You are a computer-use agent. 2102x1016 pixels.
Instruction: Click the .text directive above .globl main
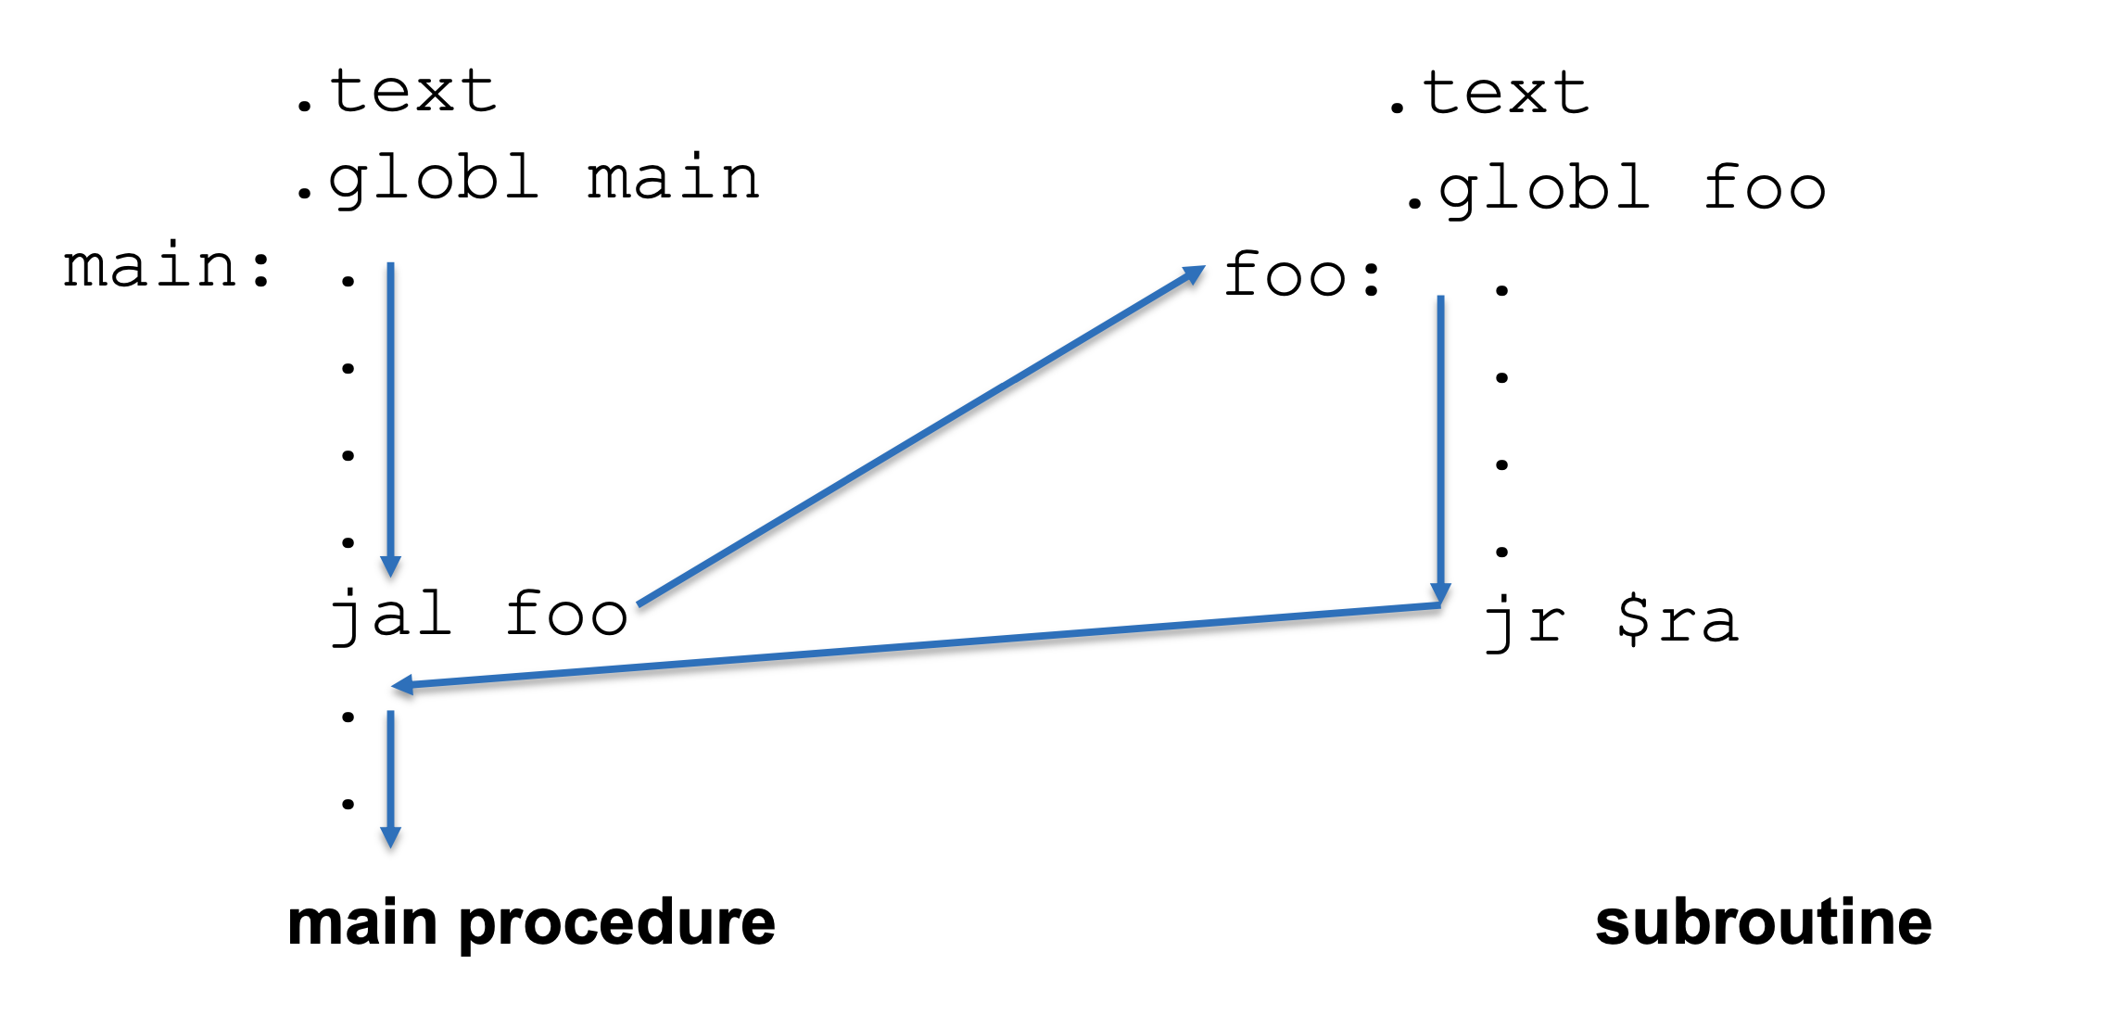(x=397, y=93)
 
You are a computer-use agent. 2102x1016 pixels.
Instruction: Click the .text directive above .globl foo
(x=1489, y=95)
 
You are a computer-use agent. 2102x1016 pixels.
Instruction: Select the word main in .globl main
(x=674, y=178)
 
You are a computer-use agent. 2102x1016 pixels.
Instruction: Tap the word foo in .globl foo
(x=1765, y=188)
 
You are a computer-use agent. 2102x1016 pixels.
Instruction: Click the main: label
(x=168, y=267)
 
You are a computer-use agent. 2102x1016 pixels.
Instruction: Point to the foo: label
(x=1303, y=276)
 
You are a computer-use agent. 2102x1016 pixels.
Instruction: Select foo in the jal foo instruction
(x=566, y=615)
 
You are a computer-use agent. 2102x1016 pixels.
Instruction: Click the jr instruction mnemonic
(x=1526, y=622)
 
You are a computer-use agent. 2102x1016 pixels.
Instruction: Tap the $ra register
(x=1678, y=620)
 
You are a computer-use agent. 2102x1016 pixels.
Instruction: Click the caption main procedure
(x=531, y=923)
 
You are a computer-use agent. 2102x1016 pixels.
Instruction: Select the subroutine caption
(x=1763, y=923)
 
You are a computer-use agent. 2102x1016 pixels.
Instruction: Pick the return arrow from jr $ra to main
(x=918, y=646)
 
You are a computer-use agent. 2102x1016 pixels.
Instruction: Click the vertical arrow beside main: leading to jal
(x=391, y=417)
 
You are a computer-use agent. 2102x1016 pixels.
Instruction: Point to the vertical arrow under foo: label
(x=1440, y=445)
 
